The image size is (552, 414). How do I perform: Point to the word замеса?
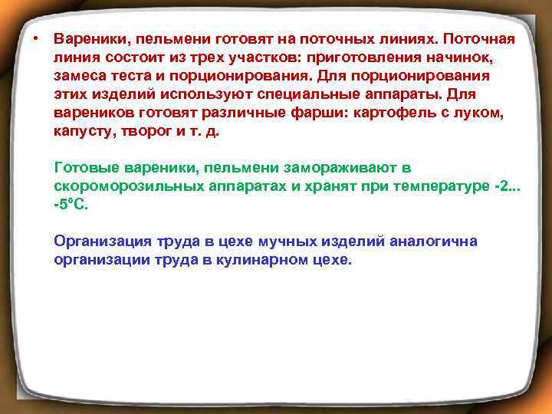(80, 76)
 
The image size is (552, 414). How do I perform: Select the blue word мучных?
(290, 242)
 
